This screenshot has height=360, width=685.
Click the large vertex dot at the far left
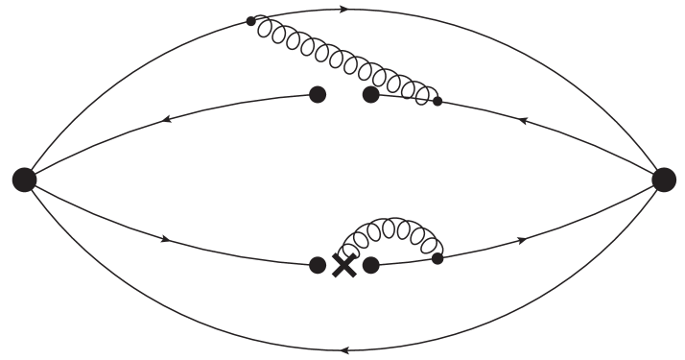point(25,179)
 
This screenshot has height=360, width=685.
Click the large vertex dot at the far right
point(664,179)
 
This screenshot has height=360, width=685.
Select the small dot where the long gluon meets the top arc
point(251,20)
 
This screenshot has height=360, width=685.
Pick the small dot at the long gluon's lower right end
point(437,100)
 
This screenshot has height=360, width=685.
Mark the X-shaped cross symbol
point(343,266)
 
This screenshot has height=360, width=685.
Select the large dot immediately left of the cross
point(318,265)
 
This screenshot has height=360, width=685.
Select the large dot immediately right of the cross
point(371,264)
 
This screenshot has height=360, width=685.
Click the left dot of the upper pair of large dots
point(318,94)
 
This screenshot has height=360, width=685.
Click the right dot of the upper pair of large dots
point(370,94)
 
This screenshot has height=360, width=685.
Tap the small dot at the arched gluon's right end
point(437,258)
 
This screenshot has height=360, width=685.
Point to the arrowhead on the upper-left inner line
point(167,120)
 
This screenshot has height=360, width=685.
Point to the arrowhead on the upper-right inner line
point(522,120)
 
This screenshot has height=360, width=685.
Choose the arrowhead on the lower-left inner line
point(169,238)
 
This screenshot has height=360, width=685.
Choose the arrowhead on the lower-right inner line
point(522,239)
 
